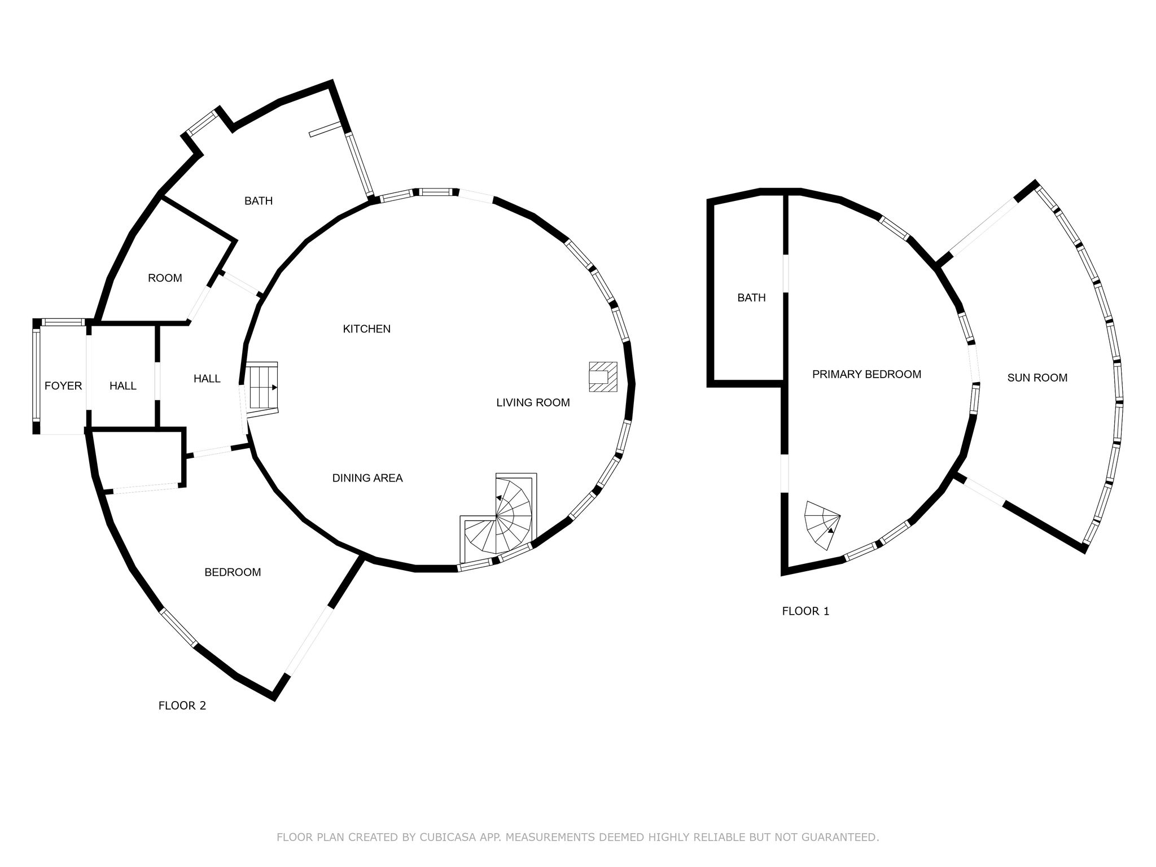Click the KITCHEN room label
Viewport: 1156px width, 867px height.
tap(366, 329)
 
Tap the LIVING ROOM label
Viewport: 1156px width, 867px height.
tap(533, 402)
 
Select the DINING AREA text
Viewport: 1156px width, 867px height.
tap(367, 478)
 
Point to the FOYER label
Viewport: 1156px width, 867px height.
tap(63, 386)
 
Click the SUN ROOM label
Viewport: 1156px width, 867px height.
tap(1037, 378)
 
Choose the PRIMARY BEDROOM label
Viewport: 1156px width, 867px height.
tap(866, 374)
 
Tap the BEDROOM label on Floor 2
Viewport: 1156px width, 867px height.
tap(233, 572)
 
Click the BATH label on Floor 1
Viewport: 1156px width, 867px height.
tap(751, 297)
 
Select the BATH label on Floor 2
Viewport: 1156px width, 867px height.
tap(259, 200)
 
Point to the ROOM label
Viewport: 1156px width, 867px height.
tap(165, 278)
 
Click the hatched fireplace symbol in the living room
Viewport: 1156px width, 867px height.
tap(603, 376)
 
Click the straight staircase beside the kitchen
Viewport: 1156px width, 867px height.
tap(262, 388)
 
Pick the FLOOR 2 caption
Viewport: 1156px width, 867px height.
tap(182, 706)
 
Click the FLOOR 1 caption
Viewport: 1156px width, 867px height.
tap(805, 611)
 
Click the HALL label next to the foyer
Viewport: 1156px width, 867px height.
tap(123, 386)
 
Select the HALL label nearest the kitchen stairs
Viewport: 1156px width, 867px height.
tap(207, 379)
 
